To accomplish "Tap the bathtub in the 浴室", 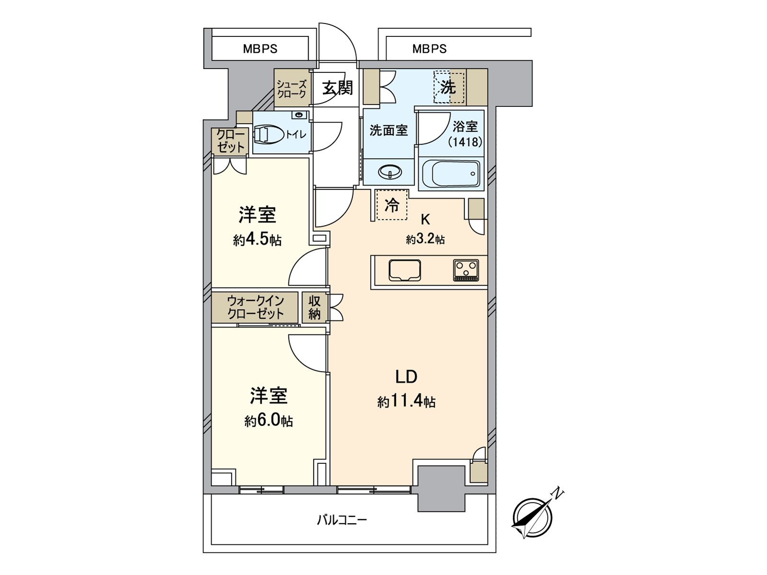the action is [x=451, y=174].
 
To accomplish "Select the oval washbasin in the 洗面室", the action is [x=390, y=172].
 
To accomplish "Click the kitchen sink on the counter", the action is [x=405, y=270].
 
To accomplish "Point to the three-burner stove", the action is [x=466, y=270].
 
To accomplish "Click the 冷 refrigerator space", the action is [x=392, y=205].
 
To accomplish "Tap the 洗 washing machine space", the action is [x=449, y=87].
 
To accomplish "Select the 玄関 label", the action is [x=337, y=88].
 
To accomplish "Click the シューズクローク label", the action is [x=291, y=89].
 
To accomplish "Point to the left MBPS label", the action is [x=260, y=49].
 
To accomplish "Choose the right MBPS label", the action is [x=430, y=49].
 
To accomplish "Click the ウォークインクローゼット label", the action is [x=256, y=307].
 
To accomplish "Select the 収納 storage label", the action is [x=314, y=308].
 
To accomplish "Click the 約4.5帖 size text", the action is [x=257, y=240].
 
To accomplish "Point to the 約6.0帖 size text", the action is [x=268, y=421].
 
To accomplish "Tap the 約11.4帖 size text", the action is [x=407, y=402].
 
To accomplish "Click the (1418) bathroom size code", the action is [x=465, y=142].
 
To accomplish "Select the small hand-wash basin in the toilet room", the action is [x=300, y=115].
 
